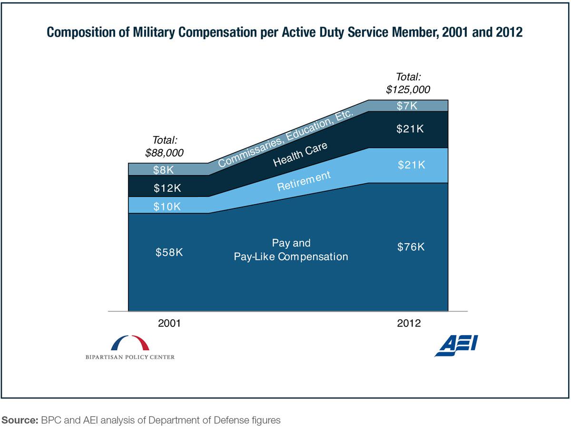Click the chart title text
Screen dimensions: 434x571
pos(285,33)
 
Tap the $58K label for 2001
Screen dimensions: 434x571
pos(169,253)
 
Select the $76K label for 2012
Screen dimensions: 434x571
pos(411,247)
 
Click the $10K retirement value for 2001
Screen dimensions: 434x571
pos(167,207)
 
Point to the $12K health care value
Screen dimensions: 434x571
pos(167,188)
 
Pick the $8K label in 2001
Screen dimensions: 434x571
pos(163,169)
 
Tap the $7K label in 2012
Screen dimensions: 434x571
pos(407,106)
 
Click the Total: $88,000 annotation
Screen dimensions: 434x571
pos(165,147)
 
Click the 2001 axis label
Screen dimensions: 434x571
pos(169,323)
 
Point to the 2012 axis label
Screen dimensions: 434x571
pos(409,323)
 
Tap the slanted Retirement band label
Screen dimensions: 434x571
pos(304,181)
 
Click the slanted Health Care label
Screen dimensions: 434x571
pos(300,155)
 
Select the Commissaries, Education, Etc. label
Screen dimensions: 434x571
pos(285,138)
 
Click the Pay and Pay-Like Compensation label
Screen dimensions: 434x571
pos(291,250)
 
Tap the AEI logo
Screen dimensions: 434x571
pos(456,345)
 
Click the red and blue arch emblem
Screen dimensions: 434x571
pos(130,343)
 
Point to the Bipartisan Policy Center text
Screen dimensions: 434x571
pos(130,357)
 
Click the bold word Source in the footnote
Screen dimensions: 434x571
pos(19,420)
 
